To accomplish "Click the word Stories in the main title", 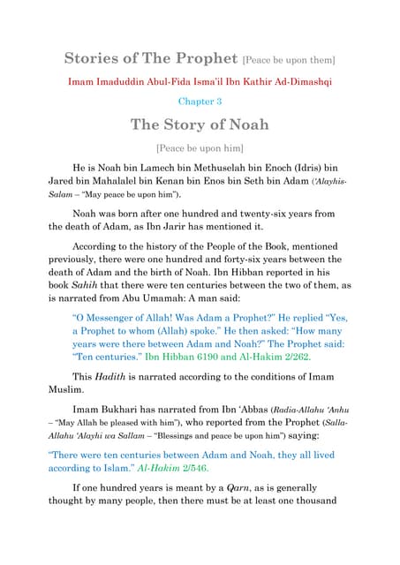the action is point(91,59).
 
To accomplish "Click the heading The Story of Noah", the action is point(200,124).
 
